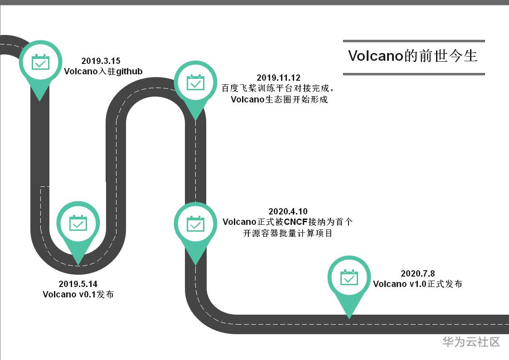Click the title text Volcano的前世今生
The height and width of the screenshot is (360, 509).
[413, 56]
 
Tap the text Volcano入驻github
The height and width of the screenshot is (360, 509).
[103, 71]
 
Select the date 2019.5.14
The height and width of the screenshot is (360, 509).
[78, 284]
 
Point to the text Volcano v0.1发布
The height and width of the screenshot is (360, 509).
[78, 294]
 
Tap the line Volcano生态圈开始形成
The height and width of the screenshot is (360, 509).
[279, 99]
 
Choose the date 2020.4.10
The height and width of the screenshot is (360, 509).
[288, 211]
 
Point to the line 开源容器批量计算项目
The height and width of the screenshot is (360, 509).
[288, 233]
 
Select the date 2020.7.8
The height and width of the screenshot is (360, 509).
[418, 273]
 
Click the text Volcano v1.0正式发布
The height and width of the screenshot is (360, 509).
[417, 284]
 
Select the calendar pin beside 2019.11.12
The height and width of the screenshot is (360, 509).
[195, 83]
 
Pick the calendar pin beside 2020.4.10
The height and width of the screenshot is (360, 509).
[195, 224]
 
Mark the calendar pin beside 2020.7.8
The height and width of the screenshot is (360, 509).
[349, 278]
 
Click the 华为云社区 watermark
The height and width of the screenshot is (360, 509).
[471, 342]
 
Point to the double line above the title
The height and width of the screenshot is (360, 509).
[414, 41]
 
